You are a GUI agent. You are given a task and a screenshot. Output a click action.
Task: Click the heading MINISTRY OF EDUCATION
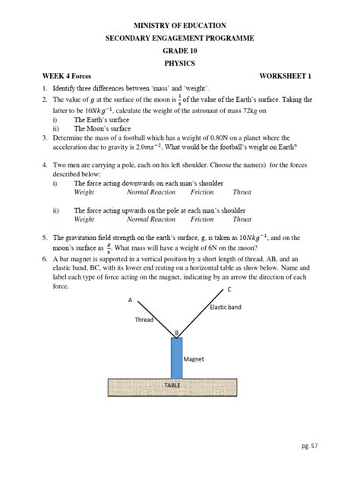click(180, 26)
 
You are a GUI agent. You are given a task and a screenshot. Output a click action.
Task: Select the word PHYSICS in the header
click(180, 65)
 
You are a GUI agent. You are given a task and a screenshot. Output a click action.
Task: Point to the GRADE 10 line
click(180, 52)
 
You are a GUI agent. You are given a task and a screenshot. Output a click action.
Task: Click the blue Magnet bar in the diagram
click(177, 357)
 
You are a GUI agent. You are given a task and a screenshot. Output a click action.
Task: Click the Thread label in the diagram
click(144, 320)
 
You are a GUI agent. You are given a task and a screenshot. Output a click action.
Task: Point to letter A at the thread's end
click(130, 301)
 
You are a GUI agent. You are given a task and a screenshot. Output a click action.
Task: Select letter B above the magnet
click(177, 333)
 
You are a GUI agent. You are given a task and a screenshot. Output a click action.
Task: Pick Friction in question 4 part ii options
click(202, 219)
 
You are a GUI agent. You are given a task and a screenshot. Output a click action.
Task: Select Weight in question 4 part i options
click(84, 192)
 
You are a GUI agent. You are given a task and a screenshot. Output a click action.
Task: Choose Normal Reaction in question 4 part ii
click(150, 219)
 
